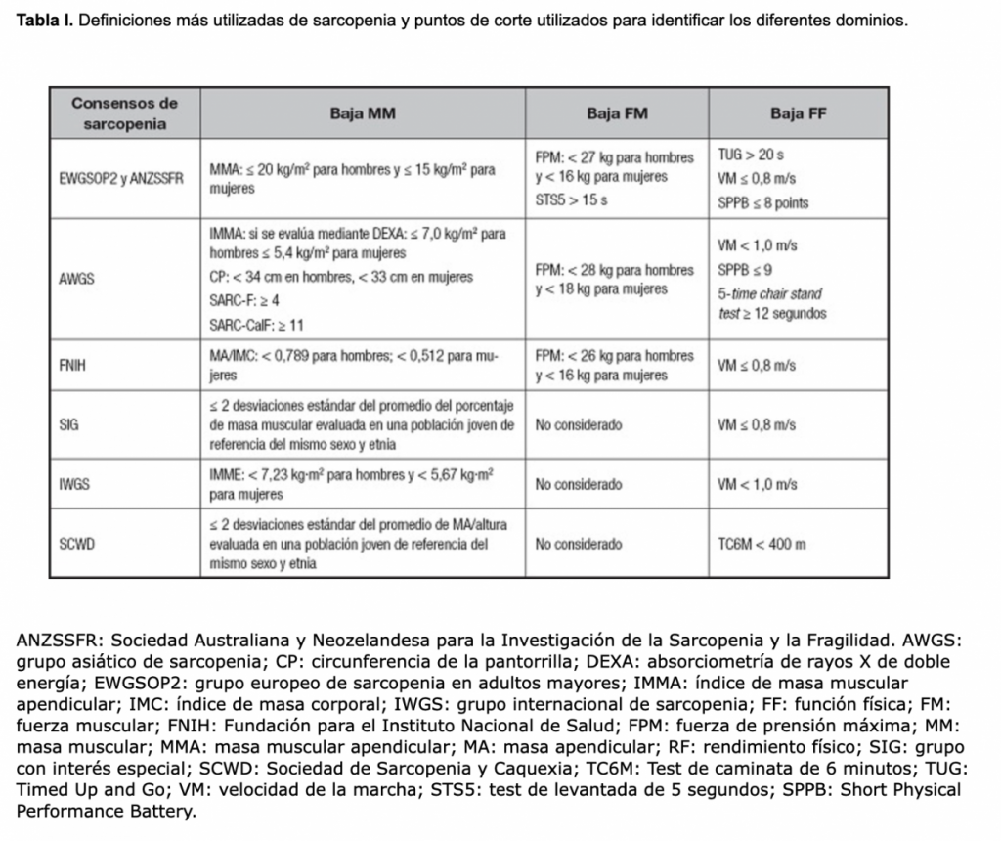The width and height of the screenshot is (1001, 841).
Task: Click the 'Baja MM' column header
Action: [x=362, y=113]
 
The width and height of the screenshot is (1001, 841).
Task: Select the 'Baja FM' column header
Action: [x=617, y=113]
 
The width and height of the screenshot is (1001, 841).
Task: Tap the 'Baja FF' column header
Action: [x=798, y=113]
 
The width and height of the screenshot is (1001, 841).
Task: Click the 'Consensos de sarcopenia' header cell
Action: [x=124, y=113]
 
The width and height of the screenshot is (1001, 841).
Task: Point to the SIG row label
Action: [x=70, y=426]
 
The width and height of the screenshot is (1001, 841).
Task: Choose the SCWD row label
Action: [x=77, y=544]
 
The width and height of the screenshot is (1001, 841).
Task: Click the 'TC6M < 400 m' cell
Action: [x=762, y=544]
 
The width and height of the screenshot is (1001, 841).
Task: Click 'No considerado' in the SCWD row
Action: [x=579, y=544]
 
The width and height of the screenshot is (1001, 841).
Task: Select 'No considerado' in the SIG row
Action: [x=579, y=426]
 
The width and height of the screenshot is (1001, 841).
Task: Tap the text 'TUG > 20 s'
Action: [x=751, y=156]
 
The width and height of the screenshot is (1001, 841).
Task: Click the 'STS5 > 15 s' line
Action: [x=571, y=200]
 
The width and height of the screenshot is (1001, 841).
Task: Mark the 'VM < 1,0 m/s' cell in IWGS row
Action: [x=757, y=484]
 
